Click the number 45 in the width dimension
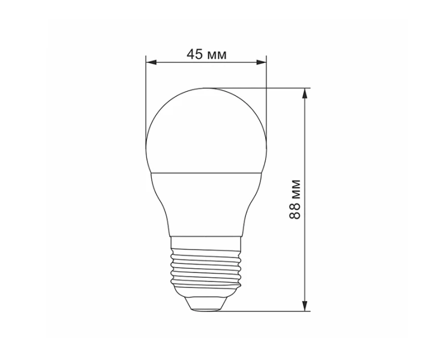point(194,55)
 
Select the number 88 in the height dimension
point(295,211)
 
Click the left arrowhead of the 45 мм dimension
point(151,62)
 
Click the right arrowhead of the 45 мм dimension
point(262,62)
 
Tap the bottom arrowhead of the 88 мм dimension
point(305,305)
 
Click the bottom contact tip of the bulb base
point(206,310)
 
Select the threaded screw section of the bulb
point(206,268)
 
